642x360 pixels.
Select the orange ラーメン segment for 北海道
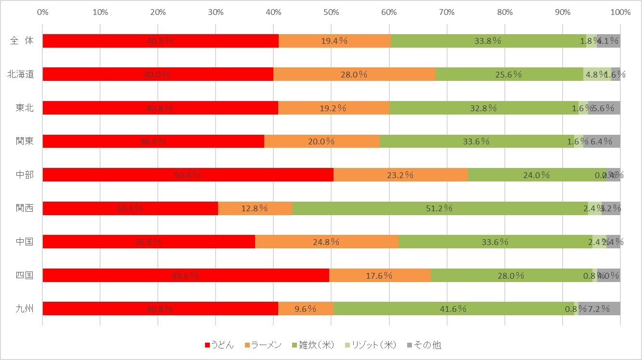354,74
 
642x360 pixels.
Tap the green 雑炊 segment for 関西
440,208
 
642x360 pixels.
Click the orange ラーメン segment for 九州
306,309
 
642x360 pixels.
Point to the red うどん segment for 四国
186,275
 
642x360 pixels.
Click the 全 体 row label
22,41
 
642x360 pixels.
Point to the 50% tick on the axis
331,12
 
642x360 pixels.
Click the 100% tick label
620,12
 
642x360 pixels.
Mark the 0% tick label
42,12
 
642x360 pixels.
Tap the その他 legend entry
424,345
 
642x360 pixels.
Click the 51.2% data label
440,208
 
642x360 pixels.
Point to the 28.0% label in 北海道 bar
354,74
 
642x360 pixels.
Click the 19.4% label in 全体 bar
334,41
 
